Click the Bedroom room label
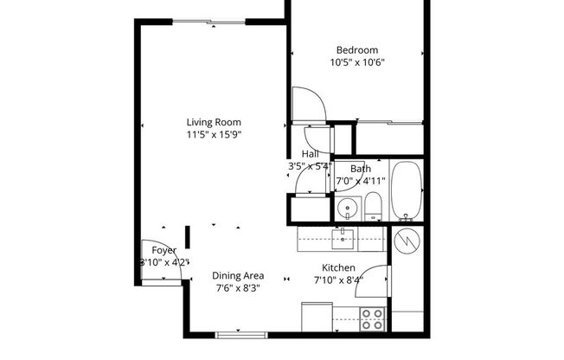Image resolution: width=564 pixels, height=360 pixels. coord(356,50)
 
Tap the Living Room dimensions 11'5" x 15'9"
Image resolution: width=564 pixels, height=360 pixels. coord(213,135)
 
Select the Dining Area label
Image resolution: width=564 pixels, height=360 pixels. coord(238,276)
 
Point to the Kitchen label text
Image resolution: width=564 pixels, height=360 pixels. coord(339,267)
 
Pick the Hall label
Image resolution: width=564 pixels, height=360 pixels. coord(310,153)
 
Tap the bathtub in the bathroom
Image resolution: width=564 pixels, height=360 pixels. coord(405,190)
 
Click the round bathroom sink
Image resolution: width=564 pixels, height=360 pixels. coord(348,208)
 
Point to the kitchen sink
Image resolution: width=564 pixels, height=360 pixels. coord(342,236)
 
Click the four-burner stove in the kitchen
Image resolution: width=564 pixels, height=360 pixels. coord(373,319)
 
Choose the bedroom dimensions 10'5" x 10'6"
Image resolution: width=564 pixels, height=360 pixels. coord(356,62)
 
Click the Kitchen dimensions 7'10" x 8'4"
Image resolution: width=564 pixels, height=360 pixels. coord(338,280)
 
